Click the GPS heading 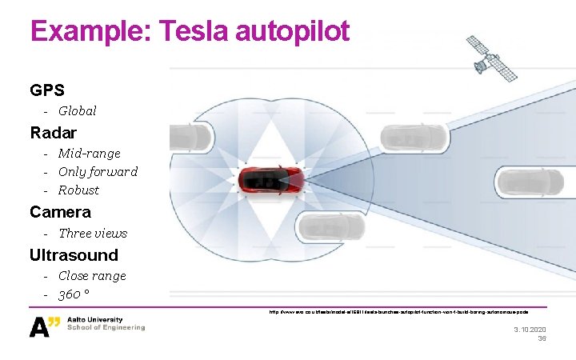(47, 90)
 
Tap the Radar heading (53, 132)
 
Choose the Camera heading (60, 212)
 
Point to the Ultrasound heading (74, 255)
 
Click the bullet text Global (77, 111)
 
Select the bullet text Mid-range (89, 153)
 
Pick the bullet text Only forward (98, 171)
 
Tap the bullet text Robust (78, 190)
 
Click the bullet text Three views (93, 234)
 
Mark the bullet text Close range (92, 276)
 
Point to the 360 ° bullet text (73, 294)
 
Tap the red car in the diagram (271, 180)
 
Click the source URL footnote (398, 312)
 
